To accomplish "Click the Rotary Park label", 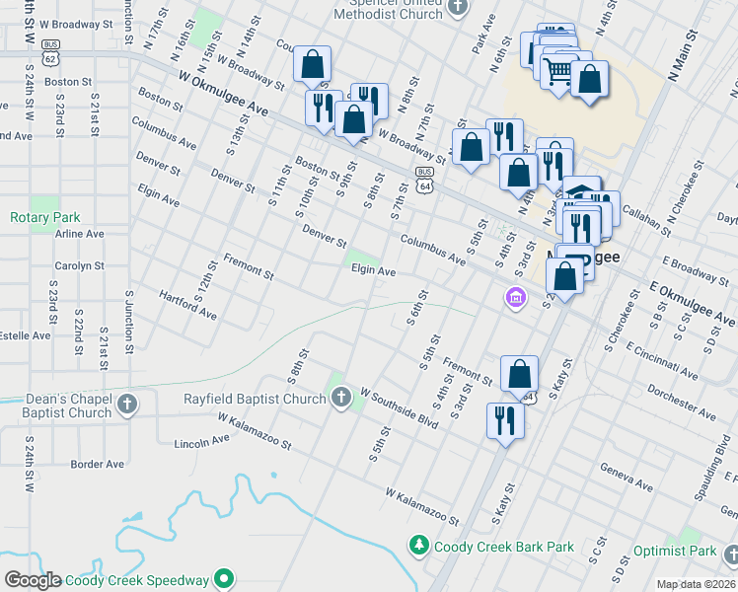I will pos(44,217).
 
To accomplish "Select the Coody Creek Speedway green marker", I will pos(225,580).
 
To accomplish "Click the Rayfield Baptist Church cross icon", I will pos(341,399).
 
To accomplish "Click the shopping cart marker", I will pos(558,70).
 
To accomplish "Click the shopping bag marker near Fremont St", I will pos(519,374).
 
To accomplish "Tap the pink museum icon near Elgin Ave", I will pos(513,296).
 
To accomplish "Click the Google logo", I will pos(33,580).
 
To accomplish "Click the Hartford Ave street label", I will pos(187,305).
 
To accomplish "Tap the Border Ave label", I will pos(98,464).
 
